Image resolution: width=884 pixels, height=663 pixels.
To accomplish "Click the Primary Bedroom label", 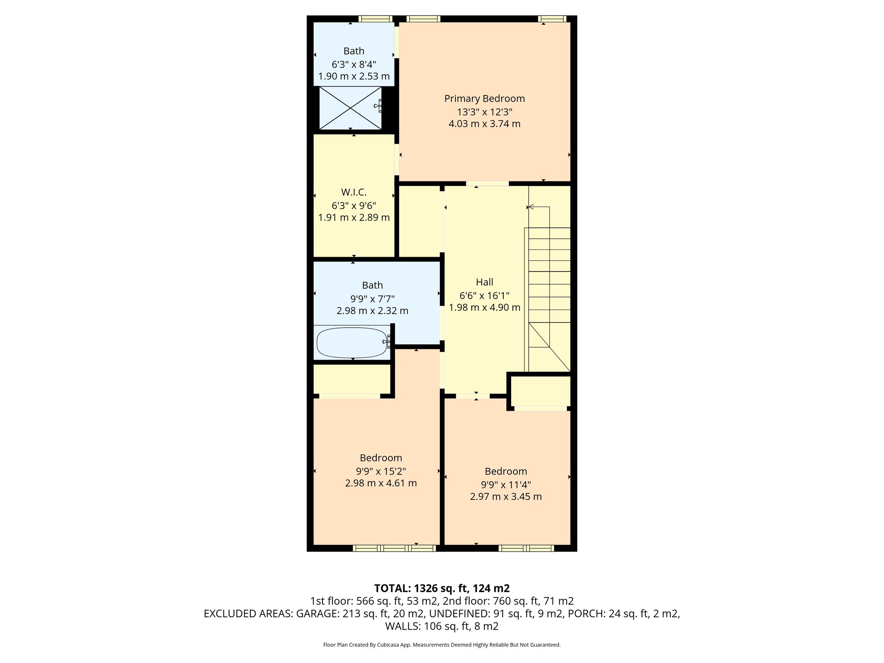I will [x=484, y=98].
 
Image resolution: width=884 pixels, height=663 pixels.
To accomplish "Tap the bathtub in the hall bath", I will [x=352, y=343].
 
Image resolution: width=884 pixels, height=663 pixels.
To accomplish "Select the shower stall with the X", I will [x=350, y=108].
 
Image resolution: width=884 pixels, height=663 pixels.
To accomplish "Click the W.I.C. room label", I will [x=354, y=193].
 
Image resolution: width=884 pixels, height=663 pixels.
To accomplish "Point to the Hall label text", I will [x=484, y=282].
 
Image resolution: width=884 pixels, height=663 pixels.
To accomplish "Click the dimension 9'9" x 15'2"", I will [x=381, y=471].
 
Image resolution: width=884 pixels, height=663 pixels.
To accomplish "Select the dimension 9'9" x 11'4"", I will [x=506, y=484].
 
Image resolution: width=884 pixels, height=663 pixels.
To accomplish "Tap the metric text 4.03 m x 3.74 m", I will [x=484, y=124].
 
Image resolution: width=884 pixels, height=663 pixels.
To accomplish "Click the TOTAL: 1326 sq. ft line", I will [x=442, y=588].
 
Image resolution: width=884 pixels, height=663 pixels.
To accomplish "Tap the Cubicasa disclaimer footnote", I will [x=442, y=645].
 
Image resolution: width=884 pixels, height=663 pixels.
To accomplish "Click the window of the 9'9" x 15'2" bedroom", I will [x=394, y=548].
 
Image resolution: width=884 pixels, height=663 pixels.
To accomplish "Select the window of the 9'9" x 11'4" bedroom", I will [x=526, y=548].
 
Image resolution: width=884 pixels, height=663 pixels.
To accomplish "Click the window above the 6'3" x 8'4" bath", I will [x=376, y=19].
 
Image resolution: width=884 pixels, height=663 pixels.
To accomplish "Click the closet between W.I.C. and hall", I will [x=419, y=221].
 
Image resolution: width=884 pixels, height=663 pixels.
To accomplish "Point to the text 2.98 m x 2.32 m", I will [x=372, y=311].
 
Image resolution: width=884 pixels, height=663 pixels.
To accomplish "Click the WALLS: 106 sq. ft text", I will [x=442, y=626].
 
